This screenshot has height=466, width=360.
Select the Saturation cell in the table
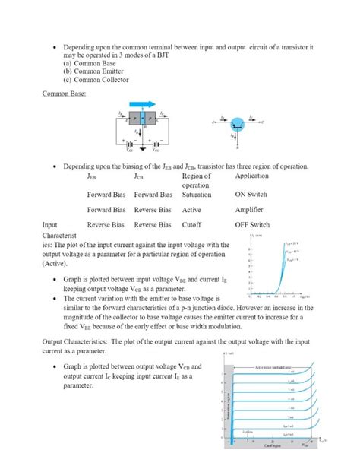[197, 195]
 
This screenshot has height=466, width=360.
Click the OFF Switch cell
[253, 225]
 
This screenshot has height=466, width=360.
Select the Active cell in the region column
[191, 210]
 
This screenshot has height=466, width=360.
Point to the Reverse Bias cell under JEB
[106, 225]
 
